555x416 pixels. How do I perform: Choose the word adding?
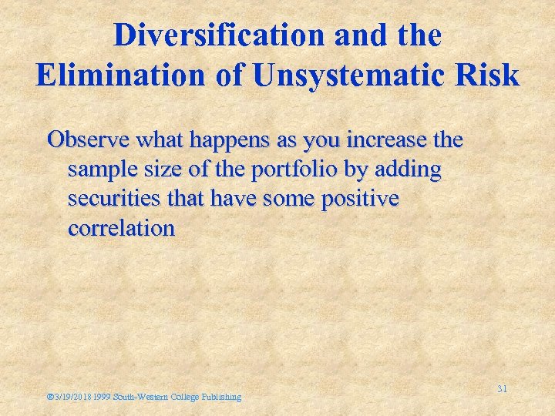(409, 169)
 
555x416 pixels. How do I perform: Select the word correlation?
(122, 229)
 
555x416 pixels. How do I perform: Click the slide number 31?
(502, 389)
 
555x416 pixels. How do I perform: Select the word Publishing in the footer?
(220, 397)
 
